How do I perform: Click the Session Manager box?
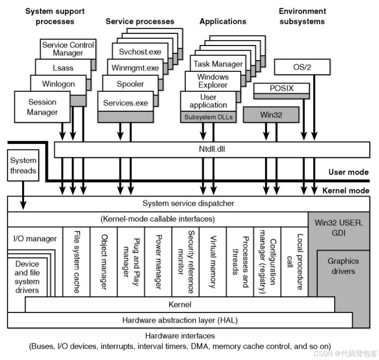42,107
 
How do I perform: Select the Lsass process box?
63,68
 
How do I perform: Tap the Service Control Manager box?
68,49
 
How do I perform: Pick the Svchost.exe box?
140,52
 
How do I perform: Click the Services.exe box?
125,103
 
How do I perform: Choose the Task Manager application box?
218,64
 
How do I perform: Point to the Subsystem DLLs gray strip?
208,117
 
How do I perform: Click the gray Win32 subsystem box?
271,115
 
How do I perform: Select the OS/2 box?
302,68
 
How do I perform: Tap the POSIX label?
282,88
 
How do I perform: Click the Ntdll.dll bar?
212,149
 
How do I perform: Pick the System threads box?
23,165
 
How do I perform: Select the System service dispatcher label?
188,203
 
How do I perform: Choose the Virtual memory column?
212,262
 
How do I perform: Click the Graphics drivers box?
343,266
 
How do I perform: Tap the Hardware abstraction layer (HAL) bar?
180,321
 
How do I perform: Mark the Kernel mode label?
346,191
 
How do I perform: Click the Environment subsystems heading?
302,16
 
